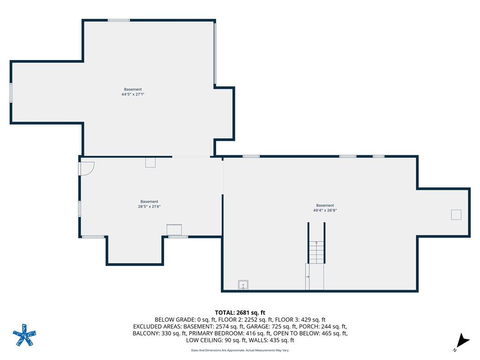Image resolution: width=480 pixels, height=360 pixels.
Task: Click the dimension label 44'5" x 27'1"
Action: (x=133, y=94)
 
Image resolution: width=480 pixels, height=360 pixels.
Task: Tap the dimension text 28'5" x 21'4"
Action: (x=149, y=207)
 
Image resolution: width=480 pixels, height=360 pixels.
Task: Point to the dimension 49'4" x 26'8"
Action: (x=325, y=210)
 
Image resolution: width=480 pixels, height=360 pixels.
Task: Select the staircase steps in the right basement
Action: (x=316, y=252)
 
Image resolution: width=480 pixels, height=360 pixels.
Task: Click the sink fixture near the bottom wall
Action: (x=243, y=285)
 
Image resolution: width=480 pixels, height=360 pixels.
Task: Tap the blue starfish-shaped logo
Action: (x=24, y=335)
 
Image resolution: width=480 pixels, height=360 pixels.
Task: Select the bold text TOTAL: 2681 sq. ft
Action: (x=240, y=313)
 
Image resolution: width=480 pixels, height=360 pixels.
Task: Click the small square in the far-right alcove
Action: (x=456, y=215)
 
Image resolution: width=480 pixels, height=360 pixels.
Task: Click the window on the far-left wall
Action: (x=11, y=93)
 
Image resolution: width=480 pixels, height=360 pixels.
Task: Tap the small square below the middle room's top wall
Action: (x=150, y=163)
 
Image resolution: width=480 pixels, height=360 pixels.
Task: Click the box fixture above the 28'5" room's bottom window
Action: (x=174, y=230)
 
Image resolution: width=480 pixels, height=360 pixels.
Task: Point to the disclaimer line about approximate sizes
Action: (x=240, y=350)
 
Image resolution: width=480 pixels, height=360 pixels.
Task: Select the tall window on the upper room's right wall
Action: (x=215, y=53)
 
